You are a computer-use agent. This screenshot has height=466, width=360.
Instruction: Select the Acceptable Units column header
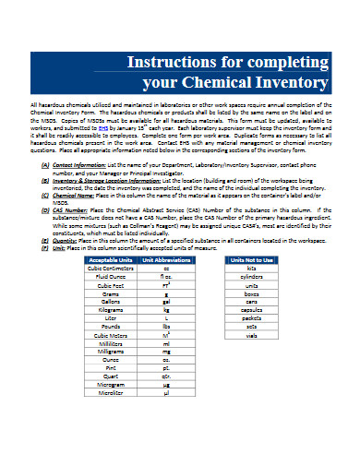(x=111, y=260)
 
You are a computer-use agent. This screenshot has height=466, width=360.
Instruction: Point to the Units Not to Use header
(x=251, y=260)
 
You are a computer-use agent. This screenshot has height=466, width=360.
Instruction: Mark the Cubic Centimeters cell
(x=111, y=269)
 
